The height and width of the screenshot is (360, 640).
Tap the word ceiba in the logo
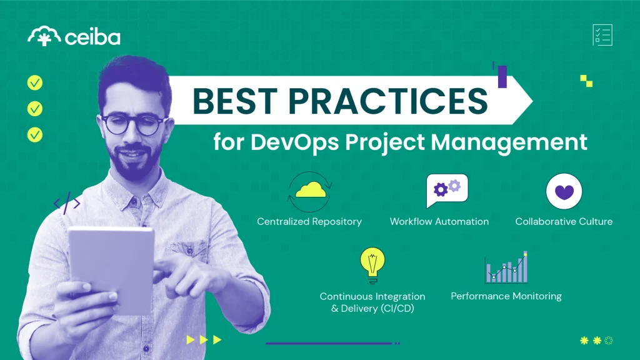click(92, 37)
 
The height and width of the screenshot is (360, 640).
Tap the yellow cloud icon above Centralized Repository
click(309, 189)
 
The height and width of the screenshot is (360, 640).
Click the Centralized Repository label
click(309, 221)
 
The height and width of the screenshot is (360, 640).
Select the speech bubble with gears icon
click(446, 190)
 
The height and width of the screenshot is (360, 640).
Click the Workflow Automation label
click(439, 221)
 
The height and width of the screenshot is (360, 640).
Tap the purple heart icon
click(564, 191)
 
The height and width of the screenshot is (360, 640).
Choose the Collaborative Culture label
click(564, 221)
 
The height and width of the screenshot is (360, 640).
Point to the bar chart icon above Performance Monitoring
click(506, 267)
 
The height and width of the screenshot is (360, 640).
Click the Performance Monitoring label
click(506, 296)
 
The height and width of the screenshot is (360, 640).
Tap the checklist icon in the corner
click(602, 35)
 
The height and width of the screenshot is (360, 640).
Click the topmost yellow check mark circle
click(35, 82)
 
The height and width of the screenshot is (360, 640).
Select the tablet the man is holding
click(111, 269)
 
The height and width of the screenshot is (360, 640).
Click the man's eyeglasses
click(133, 124)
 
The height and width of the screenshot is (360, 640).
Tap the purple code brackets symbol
click(67, 203)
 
